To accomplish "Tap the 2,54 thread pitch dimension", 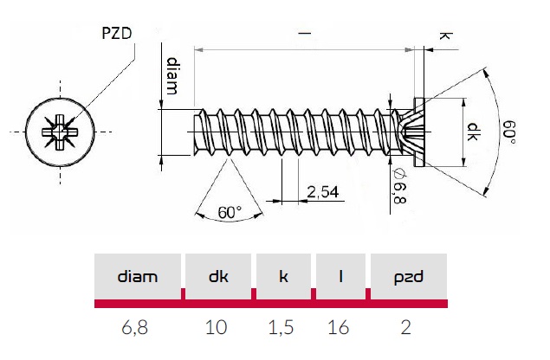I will point(322,192).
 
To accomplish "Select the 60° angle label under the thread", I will point(230,211).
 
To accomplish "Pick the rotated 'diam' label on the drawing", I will point(173,76).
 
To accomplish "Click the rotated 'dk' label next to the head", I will point(474,132).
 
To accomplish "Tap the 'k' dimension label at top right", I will point(445,36).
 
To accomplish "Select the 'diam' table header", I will point(138,277).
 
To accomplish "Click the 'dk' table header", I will point(218,277).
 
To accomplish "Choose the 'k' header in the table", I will point(283,277).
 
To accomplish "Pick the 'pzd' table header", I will point(407,277).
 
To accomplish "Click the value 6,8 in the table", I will point(138,327).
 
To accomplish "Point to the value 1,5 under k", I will point(283,327).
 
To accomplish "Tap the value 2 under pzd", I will point(407,327).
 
